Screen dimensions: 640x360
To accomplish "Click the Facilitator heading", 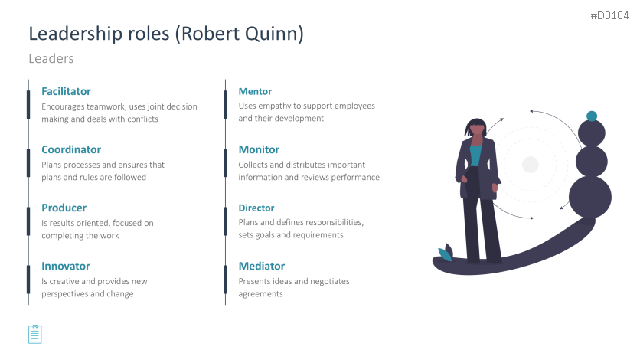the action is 66,91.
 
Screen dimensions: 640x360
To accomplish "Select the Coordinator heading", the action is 71,150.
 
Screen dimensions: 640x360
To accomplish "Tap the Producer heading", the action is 64,208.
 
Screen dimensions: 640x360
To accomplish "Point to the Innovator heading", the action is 66,266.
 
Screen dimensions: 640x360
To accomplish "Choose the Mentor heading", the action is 255,91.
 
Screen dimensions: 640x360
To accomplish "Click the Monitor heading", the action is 260,150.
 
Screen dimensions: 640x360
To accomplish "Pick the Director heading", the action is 256,208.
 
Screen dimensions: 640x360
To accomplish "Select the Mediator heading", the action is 262,266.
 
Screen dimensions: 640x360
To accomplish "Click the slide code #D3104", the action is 610,15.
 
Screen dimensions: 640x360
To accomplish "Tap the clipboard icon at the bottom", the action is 35,334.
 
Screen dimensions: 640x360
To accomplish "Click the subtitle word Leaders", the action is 51,59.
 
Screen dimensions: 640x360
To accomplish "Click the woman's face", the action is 477,130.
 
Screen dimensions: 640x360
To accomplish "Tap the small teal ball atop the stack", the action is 592,116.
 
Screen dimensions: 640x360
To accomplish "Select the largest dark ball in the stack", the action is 590,197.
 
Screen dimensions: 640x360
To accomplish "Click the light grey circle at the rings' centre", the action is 531,165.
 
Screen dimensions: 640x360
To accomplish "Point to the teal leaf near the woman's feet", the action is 445,254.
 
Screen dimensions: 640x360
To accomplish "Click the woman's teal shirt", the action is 475,154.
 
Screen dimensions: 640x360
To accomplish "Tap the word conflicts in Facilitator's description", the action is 142,119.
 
